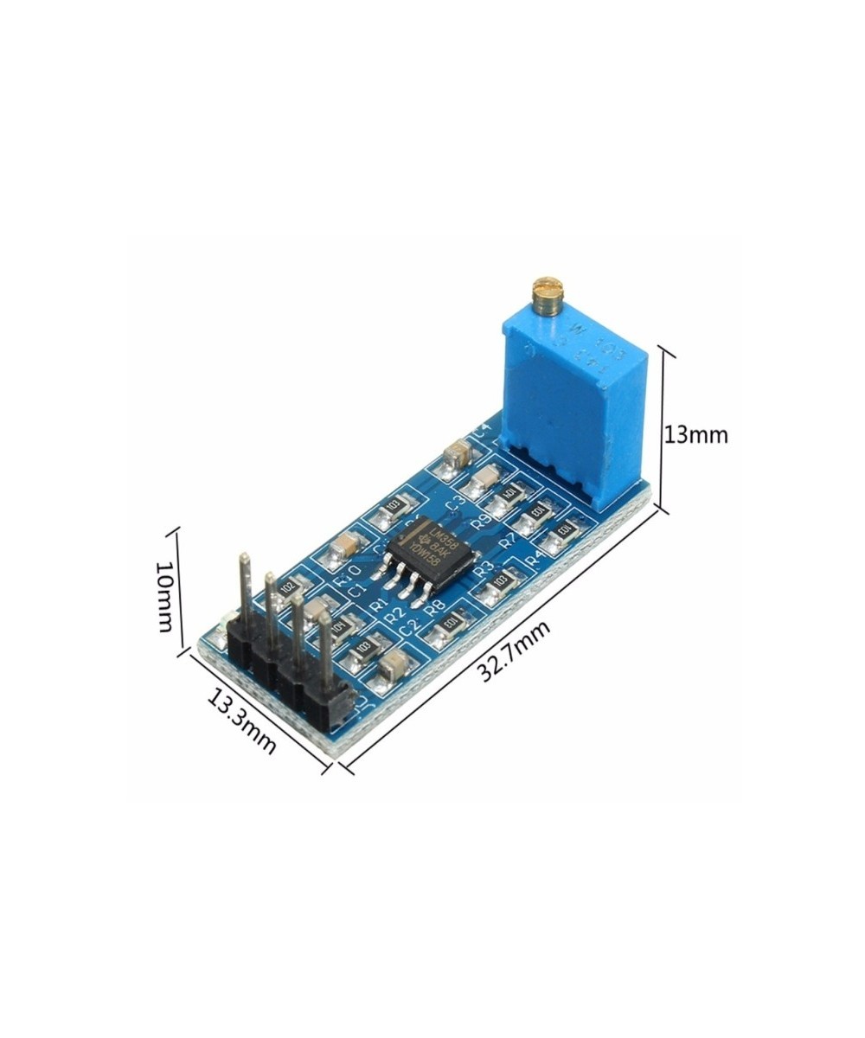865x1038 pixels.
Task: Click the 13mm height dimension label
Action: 695,434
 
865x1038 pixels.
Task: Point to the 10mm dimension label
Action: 164,596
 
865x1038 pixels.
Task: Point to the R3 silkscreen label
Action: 484,568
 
